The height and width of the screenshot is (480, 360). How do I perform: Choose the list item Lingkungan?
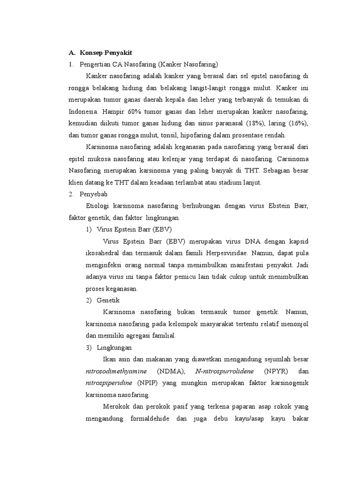(x=114, y=347)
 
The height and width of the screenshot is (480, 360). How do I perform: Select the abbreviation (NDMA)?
(x=172, y=371)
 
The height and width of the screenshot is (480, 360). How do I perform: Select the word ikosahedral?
(x=104, y=253)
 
